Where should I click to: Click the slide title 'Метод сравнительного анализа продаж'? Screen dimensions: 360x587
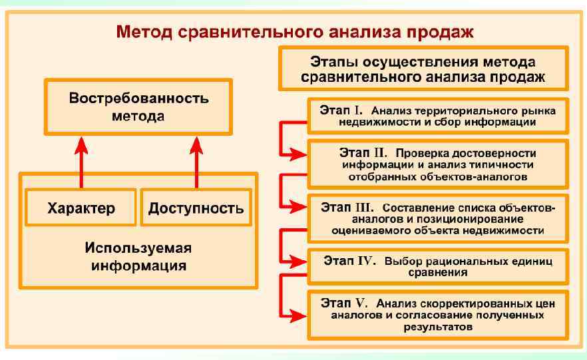click(x=295, y=31)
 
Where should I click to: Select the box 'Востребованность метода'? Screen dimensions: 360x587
click(x=138, y=106)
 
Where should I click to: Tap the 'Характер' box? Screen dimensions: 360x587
click(x=81, y=208)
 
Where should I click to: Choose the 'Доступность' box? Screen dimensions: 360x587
click(x=196, y=208)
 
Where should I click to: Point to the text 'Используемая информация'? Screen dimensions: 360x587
click(x=138, y=257)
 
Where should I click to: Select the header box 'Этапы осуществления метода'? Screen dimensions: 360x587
click(x=423, y=69)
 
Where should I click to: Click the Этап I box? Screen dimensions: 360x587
click(x=438, y=116)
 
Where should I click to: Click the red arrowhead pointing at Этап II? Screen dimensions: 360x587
click(x=300, y=154)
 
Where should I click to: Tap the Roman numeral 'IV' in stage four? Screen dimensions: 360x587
click(x=367, y=260)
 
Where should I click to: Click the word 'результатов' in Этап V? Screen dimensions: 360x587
click(x=438, y=327)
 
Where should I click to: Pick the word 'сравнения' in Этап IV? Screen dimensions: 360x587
click(x=438, y=273)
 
